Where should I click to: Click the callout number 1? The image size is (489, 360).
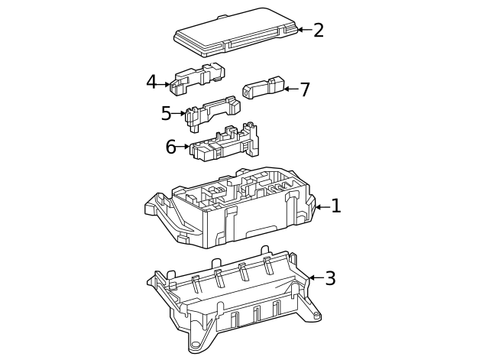tap(335, 206)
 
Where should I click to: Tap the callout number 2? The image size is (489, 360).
tap(319, 30)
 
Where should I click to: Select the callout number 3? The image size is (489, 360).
tap(330, 278)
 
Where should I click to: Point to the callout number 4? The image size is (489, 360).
tap(151, 83)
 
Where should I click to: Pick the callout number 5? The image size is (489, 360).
tap(167, 114)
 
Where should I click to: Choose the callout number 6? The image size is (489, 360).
tap(171, 147)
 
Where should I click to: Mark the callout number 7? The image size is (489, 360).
tap(305, 89)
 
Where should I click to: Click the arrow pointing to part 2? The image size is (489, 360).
tap(303, 30)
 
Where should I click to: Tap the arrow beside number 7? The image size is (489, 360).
tap(290, 89)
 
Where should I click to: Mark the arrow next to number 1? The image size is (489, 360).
tap(322, 206)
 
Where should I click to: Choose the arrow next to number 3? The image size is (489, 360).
tap(314, 278)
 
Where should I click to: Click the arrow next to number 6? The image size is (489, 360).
tap(184, 147)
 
